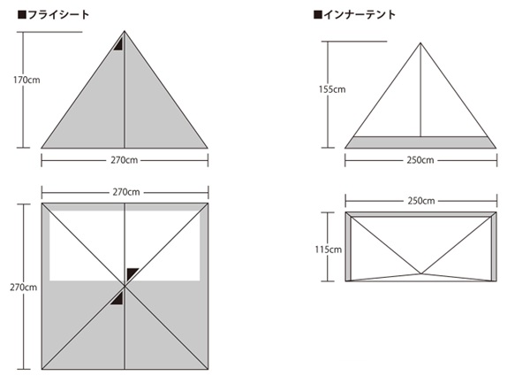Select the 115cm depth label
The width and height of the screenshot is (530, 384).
click(x=329, y=250)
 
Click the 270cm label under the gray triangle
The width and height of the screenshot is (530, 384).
click(x=125, y=161)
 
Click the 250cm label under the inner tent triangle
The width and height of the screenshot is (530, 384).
click(x=420, y=161)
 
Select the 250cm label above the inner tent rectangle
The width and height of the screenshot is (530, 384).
click(x=420, y=201)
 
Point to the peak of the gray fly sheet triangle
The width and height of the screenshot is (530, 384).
click(x=125, y=33)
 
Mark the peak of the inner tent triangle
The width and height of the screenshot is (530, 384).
click(x=420, y=41)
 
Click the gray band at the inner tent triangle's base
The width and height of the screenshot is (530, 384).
click(x=420, y=142)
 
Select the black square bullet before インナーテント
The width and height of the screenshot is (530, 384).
click(x=317, y=15)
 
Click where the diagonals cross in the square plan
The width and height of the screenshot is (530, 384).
click(x=125, y=287)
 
